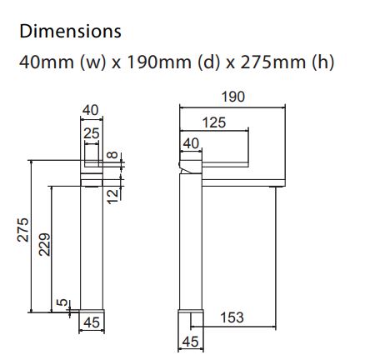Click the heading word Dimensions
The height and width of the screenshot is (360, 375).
point(70,32)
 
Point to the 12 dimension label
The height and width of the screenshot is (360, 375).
point(115,191)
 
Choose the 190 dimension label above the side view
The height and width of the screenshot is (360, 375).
point(233,97)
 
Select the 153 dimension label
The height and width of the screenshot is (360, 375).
point(235,317)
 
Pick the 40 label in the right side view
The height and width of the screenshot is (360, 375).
point(191,144)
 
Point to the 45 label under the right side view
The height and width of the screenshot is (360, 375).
point(191,342)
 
